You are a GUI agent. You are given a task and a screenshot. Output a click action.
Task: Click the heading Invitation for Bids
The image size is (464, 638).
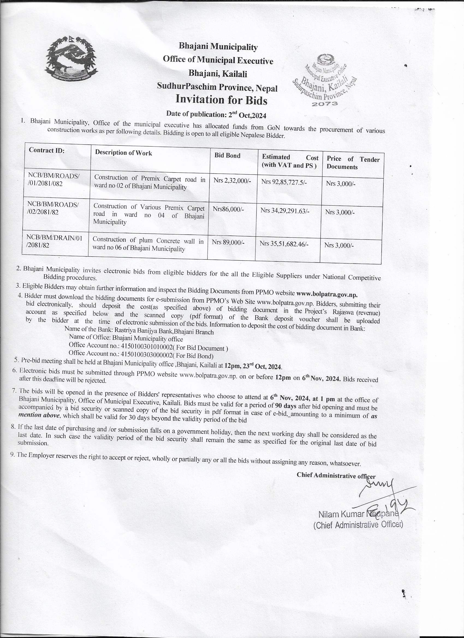pyautogui.click(x=221, y=100)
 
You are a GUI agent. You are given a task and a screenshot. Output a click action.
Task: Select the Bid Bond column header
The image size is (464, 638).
pyautogui.click(x=227, y=156)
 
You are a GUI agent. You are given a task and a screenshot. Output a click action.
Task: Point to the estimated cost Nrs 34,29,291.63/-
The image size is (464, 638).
pyautogui.click(x=285, y=210)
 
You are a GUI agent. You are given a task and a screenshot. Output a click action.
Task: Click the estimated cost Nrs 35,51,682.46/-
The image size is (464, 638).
pyautogui.click(x=284, y=244)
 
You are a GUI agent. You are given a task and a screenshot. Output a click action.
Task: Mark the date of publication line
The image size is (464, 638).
pyautogui.click(x=216, y=114)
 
